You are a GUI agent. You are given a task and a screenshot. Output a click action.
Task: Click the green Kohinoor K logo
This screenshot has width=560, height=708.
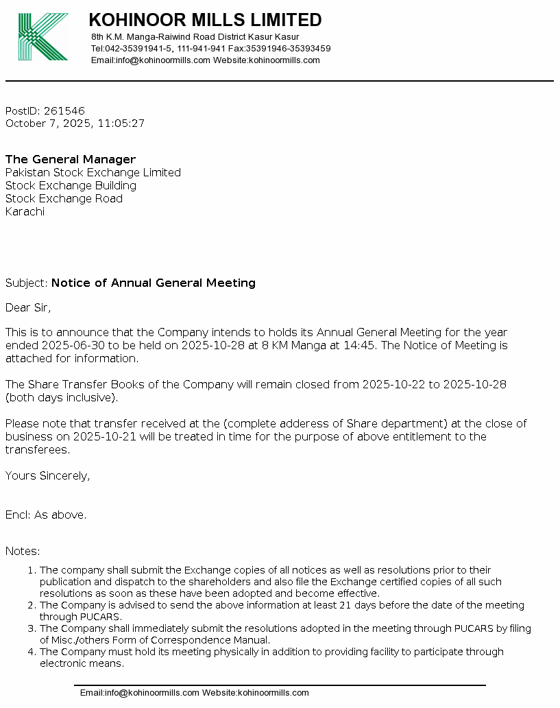point(42,37)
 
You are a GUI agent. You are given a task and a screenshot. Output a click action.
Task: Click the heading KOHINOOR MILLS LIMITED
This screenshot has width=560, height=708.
point(205,20)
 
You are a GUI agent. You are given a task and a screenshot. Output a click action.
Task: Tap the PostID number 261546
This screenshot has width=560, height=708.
point(64,111)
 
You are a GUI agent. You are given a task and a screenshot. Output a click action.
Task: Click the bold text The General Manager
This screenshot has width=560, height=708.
point(71,160)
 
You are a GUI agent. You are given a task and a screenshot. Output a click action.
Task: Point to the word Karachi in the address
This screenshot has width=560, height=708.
point(25,212)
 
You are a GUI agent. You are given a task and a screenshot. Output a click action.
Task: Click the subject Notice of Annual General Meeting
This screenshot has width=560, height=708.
point(154,283)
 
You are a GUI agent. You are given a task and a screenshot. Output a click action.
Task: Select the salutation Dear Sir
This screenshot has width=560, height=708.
point(28,307)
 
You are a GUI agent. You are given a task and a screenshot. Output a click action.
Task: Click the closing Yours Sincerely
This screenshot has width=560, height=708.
point(47,475)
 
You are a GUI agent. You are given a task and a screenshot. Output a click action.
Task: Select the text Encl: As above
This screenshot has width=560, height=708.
point(46,515)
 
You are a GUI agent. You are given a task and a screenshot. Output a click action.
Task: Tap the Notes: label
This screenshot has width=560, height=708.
point(23,551)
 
